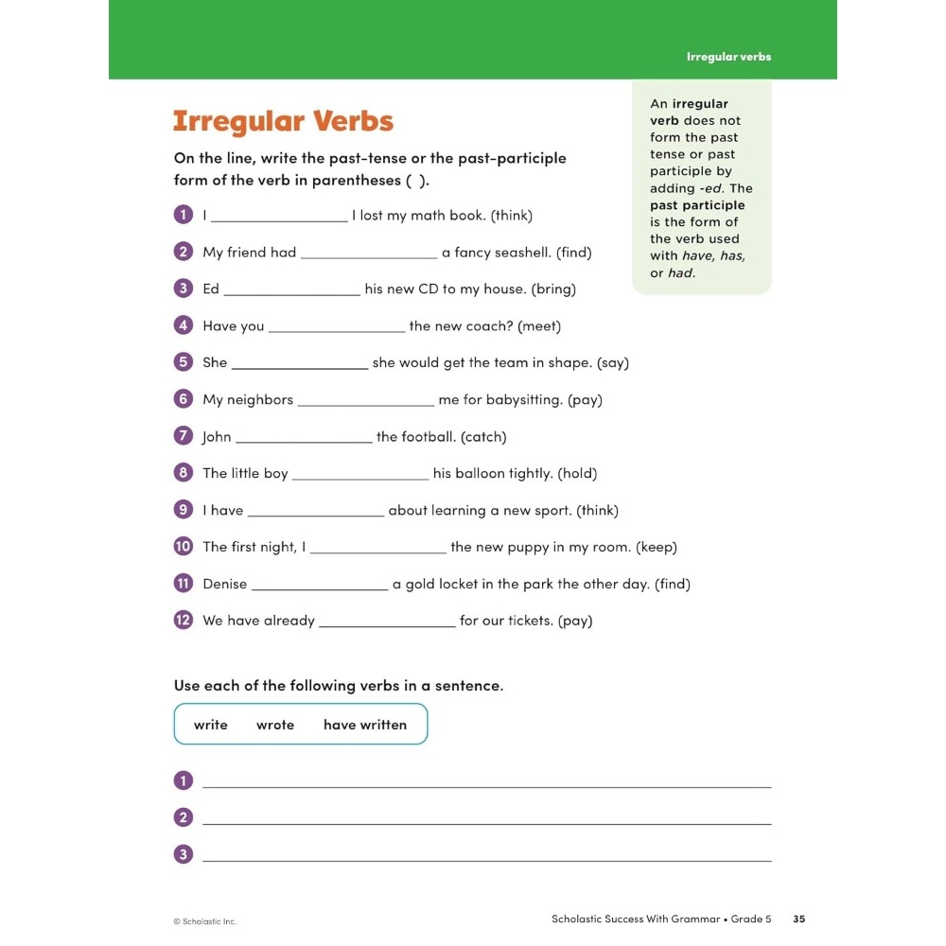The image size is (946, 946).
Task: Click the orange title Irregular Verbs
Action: tap(283, 122)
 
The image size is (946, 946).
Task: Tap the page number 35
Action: tap(799, 919)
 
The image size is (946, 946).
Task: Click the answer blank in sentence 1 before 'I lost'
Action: tap(279, 218)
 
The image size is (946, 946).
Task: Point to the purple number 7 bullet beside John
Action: tap(184, 436)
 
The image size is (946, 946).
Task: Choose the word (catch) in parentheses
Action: tap(483, 437)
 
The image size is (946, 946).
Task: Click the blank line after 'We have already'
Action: tap(387, 622)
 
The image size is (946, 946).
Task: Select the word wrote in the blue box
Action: tap(275, 725)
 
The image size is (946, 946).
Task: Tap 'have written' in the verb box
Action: tap(365, 725)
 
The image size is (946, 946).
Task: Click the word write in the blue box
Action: tap(211, 725)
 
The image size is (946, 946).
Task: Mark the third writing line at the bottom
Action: tap(487, 858)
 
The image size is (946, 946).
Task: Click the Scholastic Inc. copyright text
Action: tap(204, 921)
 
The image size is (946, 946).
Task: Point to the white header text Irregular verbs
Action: tap(728, 57)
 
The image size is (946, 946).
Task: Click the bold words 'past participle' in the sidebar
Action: tap(697, 205)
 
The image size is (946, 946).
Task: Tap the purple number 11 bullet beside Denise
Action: tap(184, 584)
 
